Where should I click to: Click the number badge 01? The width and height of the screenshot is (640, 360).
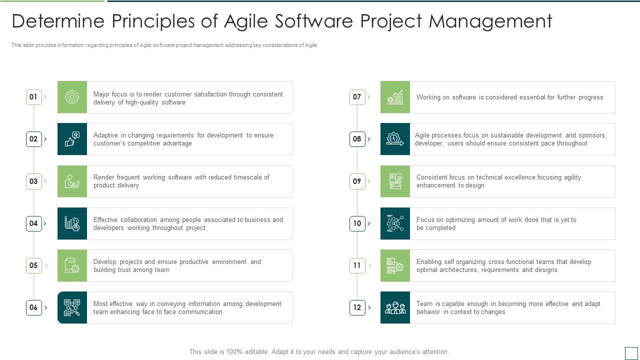tap(33, 97)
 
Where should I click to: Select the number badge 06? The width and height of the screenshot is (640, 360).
tap(33, 307)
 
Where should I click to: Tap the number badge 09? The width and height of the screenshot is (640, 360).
tap(357, 181)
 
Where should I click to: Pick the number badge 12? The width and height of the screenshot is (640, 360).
tap(357, 307)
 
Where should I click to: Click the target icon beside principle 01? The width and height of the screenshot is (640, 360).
tap(72, 97)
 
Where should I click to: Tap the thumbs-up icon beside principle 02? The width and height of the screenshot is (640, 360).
tap(72, 139)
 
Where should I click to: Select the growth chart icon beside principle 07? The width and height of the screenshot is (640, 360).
tap(395, 97)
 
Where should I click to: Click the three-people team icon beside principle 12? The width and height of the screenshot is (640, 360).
tap(395, 307)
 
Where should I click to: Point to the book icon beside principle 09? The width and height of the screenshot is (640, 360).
tap(395, 181)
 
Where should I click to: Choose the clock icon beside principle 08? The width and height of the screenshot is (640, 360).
tap(395, 139)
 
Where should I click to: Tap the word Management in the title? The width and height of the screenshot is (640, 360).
tap(490, 21)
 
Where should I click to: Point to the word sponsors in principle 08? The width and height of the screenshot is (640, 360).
tap(593, 135)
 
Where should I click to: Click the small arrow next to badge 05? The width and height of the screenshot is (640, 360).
tap(45, 265)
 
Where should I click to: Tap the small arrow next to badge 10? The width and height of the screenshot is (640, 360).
tap(369, 223)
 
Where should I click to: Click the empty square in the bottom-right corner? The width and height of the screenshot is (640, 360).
tap(631, 353)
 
